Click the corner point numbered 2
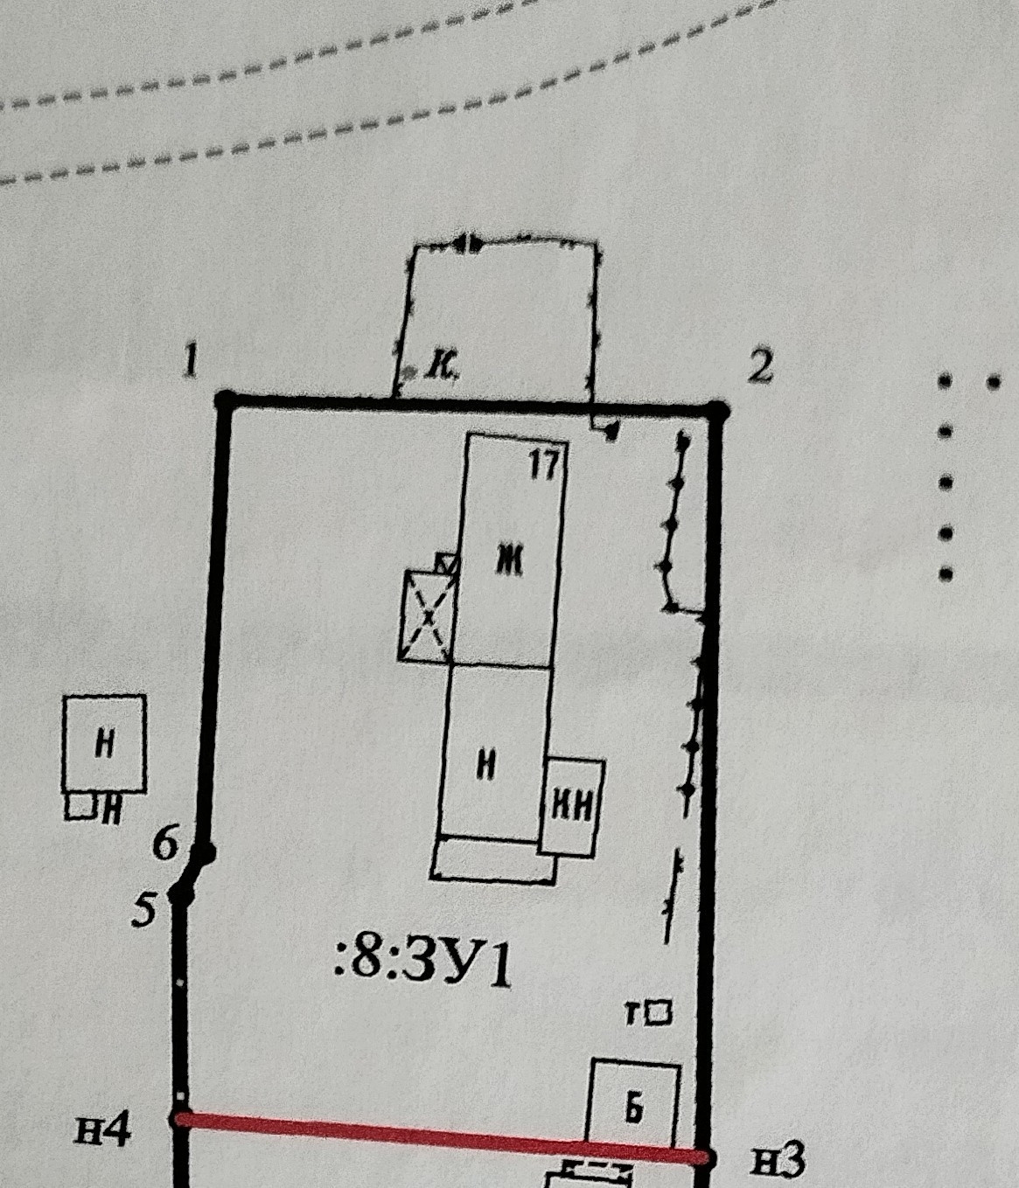[719, 409]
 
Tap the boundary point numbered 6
[205, 851]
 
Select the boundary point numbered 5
[182, 893]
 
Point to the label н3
[778, 1161]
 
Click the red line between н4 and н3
[437, 1136]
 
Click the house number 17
[543, 464]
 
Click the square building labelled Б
[635, 1105]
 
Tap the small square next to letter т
[661, 1012]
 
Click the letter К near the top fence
[441, 368]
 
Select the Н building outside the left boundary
[105, 744]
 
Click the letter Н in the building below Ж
[486, 766]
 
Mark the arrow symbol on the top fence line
[469, 242]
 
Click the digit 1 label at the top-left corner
[191, 360]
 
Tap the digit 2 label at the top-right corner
[761, 366]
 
